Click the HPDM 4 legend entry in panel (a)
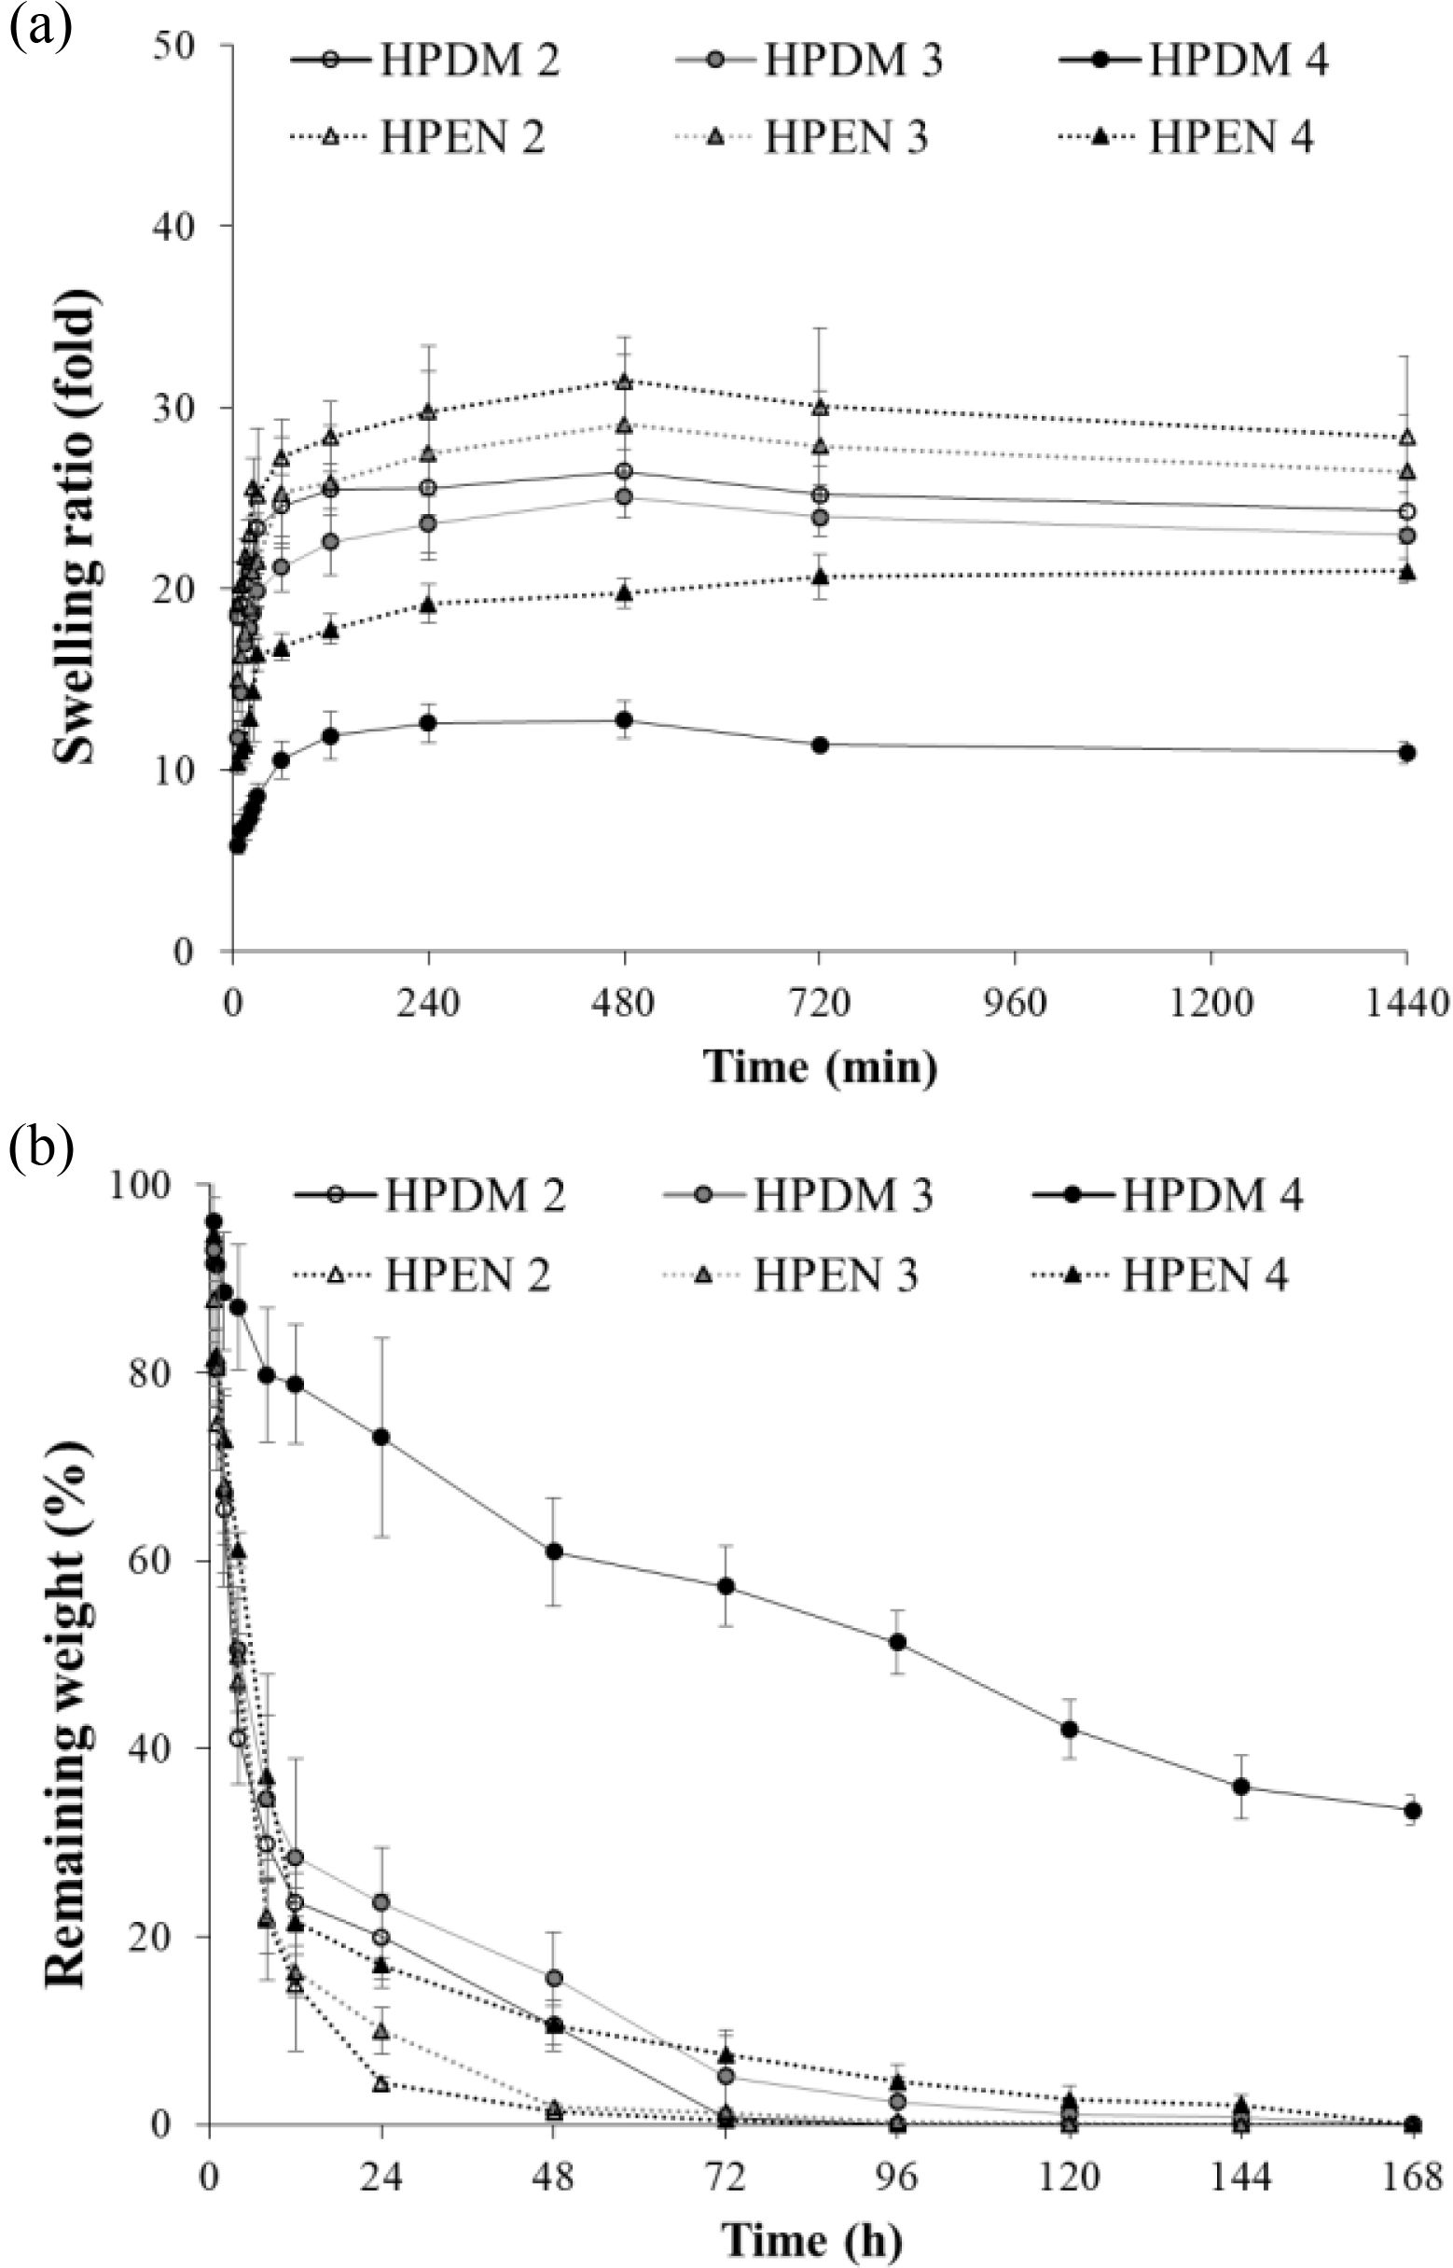coord(1194,62)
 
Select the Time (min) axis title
coord(820,1067)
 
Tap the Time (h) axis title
coord(811,2237)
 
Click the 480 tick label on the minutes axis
coord(624,1002)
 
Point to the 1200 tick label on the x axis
coord(1211,1002)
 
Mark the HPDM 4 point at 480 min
coord(624,719)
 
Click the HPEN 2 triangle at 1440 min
coord(1406,437)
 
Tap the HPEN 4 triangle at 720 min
coord(820,576)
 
